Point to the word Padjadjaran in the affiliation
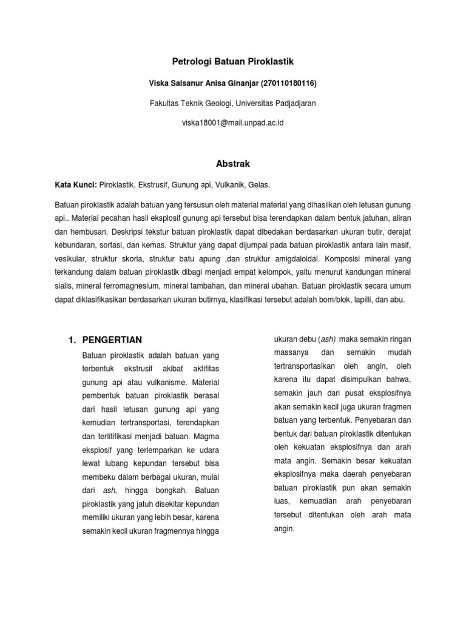(292, 103)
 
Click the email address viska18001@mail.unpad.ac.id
(233, 123)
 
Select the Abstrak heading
(233, 163)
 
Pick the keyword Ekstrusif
(151, 184)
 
